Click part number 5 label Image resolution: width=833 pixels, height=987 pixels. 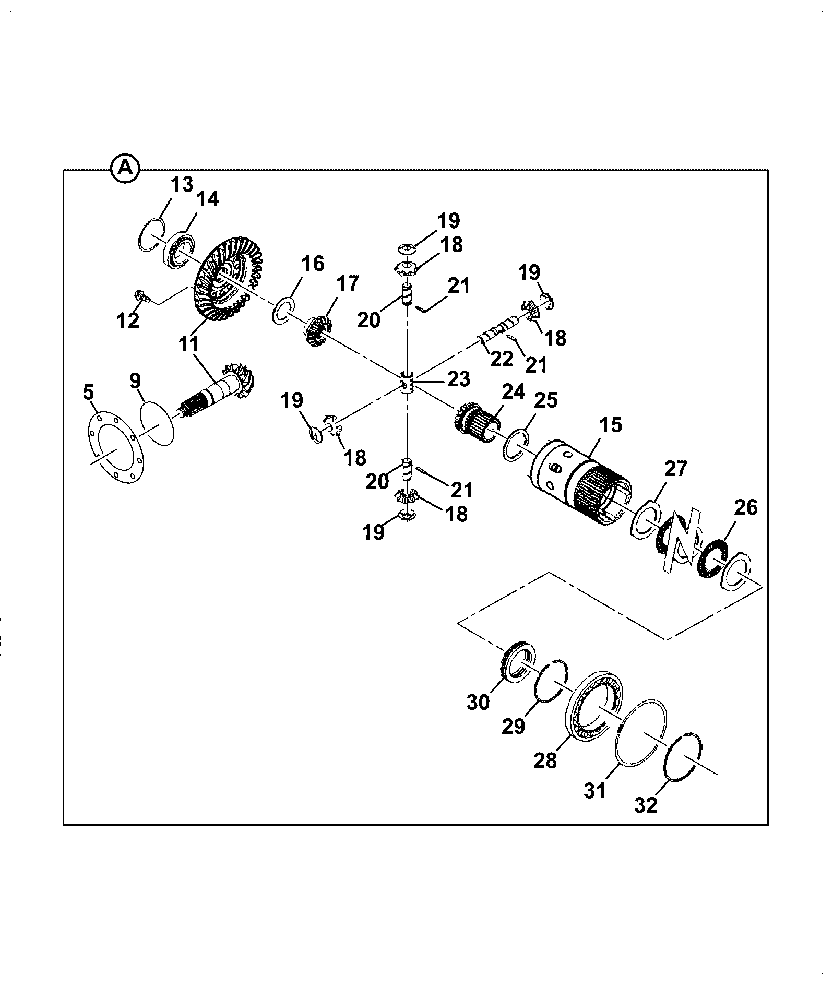pos(89,391)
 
